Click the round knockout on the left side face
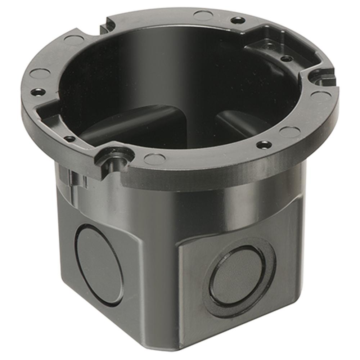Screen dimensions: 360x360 (x=98, y=265)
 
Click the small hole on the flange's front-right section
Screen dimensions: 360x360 (x=265, y=145)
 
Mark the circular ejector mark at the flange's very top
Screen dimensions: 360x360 (x=202, y=15)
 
